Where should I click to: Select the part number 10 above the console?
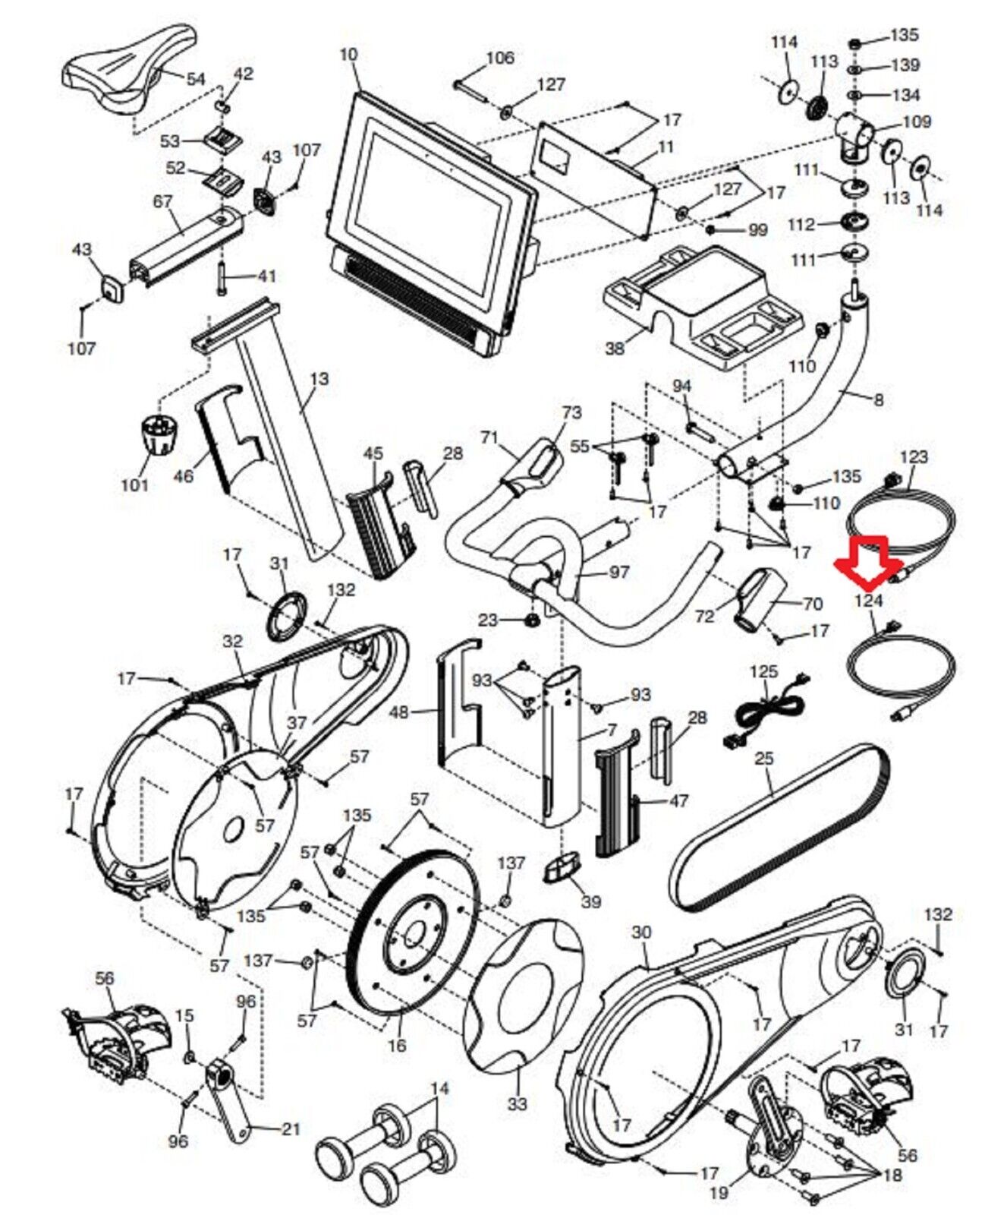pyautogui.click(x=348, y=55)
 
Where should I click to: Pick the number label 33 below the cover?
pyautogui.click(x=517, y=1103)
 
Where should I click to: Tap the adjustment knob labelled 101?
pyautogui.click(x=157, y=436)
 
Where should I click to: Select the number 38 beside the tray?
pyautogui.click(x=614, y=348)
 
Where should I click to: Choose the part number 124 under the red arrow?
pyautogui.click(x=869, y=600)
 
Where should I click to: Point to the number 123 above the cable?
pyautogui.click(x=914, y=456)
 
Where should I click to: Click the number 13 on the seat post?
pyautogui.click(x=319, y=377)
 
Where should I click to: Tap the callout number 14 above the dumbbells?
pyautogui.click(x=439, y=1088)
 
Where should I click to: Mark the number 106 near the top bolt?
pyautogui.click(x=499, y=58)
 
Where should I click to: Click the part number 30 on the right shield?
pyautogui.click(x=642, y=932)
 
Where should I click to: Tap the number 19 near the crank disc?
pyautogui.click(x=718, y=1192)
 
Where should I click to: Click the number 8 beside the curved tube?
pyautogui.click(x=879, y=399)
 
